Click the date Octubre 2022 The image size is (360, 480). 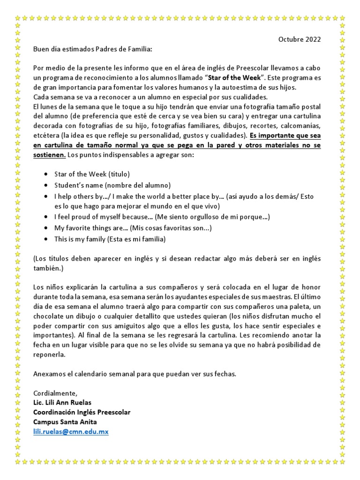300,39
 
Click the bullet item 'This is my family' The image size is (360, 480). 110,239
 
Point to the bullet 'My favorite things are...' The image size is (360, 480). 133,228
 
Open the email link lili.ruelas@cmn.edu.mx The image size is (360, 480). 71,432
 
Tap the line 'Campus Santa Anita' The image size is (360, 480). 63,422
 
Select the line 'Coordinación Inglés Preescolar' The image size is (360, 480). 82,412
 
